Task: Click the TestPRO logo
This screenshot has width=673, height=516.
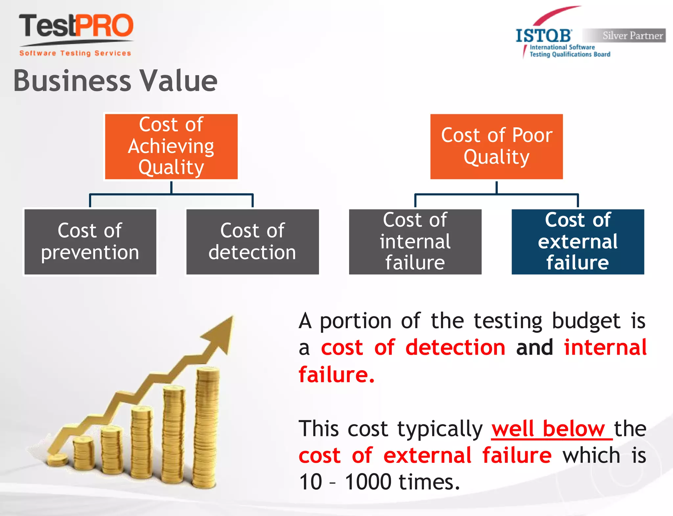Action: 76,26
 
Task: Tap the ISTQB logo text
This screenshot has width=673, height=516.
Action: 544,36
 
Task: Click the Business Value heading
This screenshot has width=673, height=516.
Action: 115,81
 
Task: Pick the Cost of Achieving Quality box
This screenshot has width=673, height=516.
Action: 171,146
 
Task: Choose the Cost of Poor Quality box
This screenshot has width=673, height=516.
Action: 497,146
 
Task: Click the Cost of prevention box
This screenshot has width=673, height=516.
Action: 90,242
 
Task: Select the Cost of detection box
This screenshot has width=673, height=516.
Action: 252,242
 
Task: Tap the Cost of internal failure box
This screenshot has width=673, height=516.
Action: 415,242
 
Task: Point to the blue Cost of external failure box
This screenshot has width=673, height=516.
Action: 578,242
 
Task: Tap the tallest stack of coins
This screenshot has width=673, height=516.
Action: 206,427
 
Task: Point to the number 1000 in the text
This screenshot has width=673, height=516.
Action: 368,482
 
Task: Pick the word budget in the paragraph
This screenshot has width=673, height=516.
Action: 586,321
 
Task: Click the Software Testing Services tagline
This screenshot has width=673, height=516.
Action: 75,53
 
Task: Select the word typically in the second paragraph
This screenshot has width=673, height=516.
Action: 440,429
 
